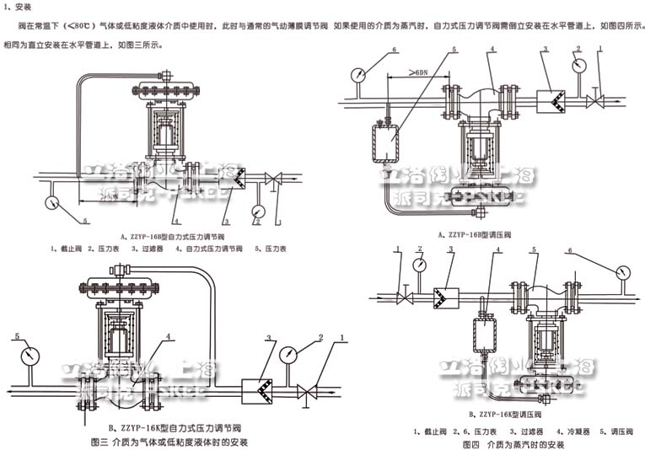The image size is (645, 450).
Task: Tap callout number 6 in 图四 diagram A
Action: click(x=394, y=51)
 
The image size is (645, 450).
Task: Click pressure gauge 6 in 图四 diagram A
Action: click(x=359, y=74)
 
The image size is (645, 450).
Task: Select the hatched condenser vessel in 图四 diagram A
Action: click(x=386, y=141)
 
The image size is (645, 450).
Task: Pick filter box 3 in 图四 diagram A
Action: click(x=552, y=100)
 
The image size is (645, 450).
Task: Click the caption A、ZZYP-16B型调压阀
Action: click(x=482, y=233)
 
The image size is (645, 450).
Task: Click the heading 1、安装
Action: click(x=18, y=7)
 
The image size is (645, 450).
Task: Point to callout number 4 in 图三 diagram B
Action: click(x=169, y=336)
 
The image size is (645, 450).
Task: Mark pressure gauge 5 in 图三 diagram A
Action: click(x=52, y=202)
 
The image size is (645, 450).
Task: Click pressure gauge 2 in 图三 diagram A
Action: click(x=258, y=210)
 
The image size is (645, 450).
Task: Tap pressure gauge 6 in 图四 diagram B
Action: click(x=622, y=272)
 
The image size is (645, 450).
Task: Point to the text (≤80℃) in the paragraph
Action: click(x=78, y=26)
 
